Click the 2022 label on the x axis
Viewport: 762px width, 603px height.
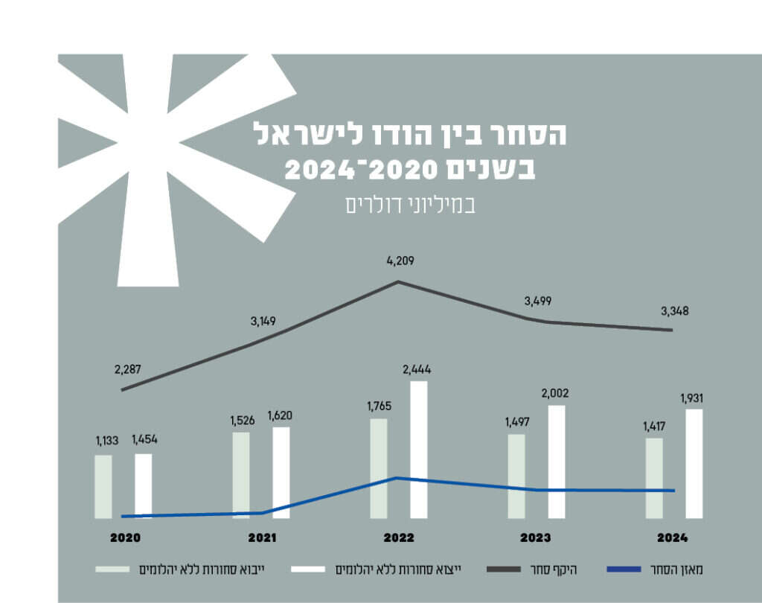399,537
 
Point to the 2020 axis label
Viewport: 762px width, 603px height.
124,537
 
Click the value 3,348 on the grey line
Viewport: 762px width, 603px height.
673,310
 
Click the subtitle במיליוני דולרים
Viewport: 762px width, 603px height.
410,205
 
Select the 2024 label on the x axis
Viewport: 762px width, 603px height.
673,537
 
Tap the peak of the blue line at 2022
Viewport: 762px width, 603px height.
398,478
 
